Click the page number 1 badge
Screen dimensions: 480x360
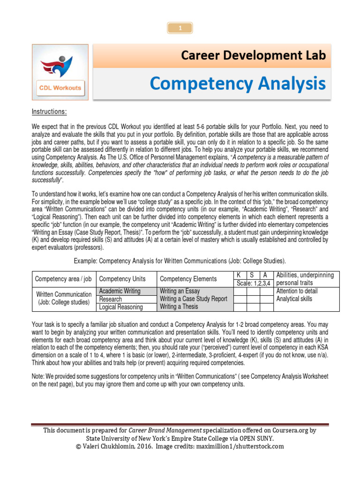(x=180, y=29)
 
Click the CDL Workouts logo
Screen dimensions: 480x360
(x=60, y=72)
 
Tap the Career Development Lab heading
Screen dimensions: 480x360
(x=254, y=56)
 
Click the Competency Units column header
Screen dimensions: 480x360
(x=122, y=279)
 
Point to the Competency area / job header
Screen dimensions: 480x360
(x=63, y=279)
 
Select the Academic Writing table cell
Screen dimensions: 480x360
(x=120, y=291)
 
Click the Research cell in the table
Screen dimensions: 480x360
(x=111, y=299)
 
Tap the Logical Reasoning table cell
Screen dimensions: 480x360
(x=121, y=307)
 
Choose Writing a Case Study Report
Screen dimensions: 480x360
(x=193, y=299)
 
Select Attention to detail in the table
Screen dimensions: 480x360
(x=297, y=291)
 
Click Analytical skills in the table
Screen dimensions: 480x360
(x=294, y=299)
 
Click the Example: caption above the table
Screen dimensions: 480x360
(x=180, y=261)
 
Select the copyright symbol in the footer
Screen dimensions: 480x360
(x=78, y=446)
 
